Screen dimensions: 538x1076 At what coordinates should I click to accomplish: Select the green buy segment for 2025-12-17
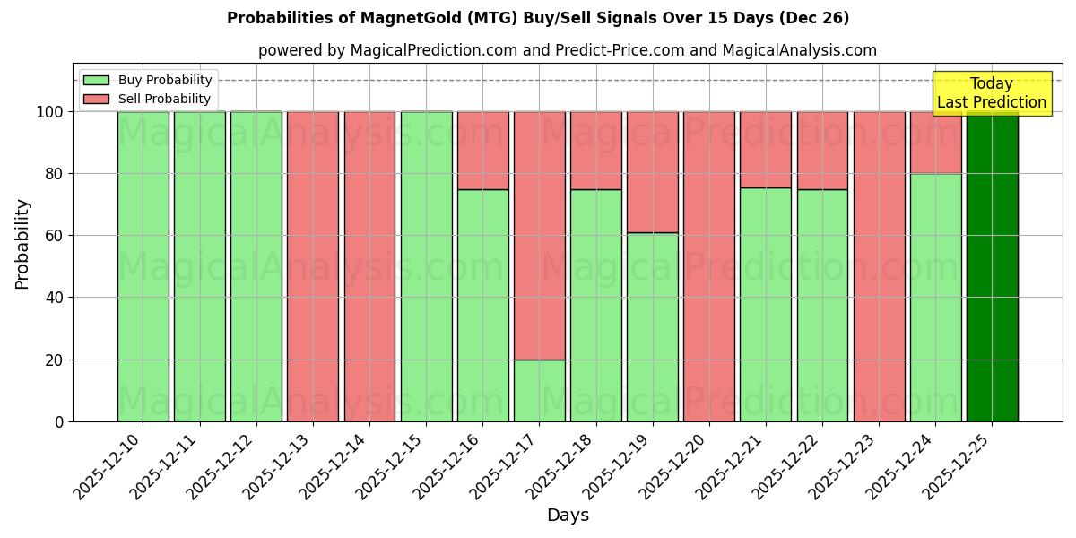[x=539, y=390]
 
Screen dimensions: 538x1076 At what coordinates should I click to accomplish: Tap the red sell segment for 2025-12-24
[x=935, y=143]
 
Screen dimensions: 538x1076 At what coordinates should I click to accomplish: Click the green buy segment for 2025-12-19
[x=652, y=327]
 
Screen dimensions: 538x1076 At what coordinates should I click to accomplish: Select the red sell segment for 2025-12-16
[x=482, y=151]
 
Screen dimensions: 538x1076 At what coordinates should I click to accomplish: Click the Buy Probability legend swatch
[x=96, y=80]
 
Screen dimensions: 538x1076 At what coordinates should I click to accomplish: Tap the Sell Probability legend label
[x=164, y=99]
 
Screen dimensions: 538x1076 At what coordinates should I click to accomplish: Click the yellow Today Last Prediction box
[x=991, y=93]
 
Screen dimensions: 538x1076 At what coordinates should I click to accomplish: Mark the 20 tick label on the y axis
[x=54, y=360]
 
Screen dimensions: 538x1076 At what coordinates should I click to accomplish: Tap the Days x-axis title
[x=568, y=516]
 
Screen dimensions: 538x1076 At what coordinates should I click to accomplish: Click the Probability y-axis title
[x=22, y=243]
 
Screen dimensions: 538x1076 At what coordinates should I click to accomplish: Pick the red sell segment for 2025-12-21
[x=765, y=150]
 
